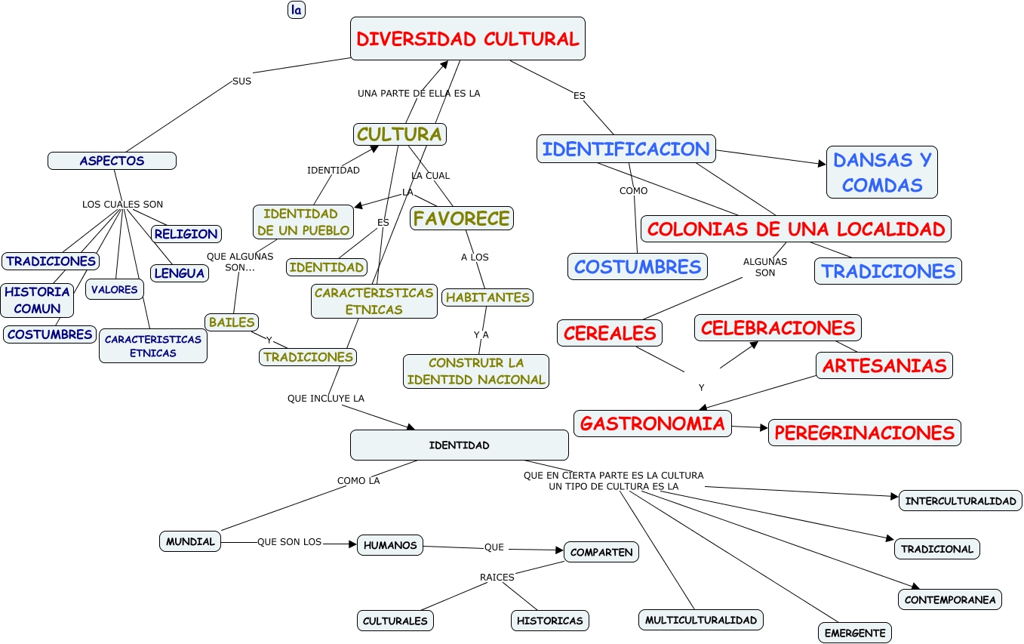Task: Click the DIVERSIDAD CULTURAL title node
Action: tap(468, 39)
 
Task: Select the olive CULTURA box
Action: tap(399, 134)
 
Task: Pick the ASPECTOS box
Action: tap(112, 161)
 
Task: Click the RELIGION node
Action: tap(186, 234)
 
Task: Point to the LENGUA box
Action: tap(180, 273)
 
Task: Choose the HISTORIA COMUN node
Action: tap(37, 300)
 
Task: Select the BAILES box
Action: tap(232, 322)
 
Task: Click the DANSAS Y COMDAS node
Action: tap(881, 172)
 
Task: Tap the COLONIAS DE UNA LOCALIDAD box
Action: tap(795, 228)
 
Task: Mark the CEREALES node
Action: tap(610, 332)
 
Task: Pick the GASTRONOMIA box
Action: tap(653, 424)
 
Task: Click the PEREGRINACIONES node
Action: tap(864, 433)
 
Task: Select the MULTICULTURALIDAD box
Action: tap(700, 620)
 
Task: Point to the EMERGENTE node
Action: tap(854, 633)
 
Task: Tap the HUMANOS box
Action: tap(389, 544)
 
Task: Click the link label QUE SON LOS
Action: tap(289, 542)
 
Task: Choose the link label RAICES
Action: tap(497, 578)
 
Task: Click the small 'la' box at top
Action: tap(297, 10)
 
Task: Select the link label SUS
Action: tap(241, 81)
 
